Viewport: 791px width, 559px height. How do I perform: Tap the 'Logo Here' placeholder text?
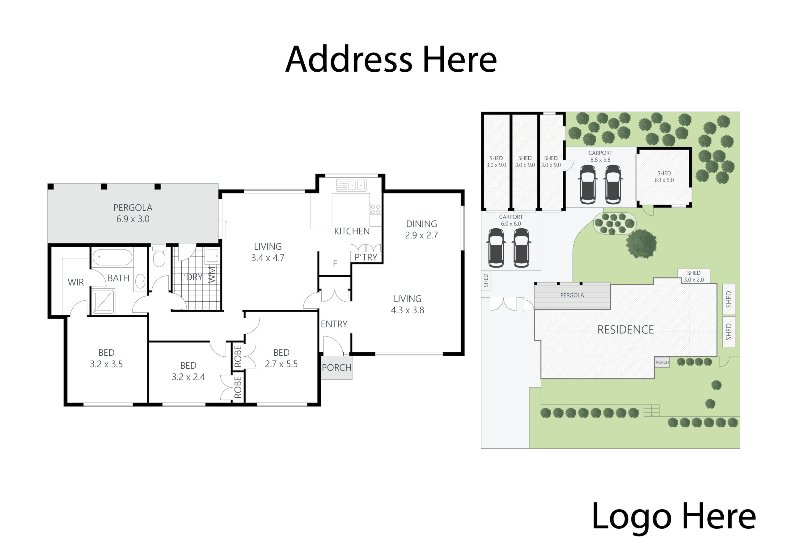[x=673, y=516]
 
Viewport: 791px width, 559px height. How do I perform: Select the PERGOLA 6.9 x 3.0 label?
[x=133, y=213]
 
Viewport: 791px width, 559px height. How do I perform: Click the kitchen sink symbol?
[x=351, y=185]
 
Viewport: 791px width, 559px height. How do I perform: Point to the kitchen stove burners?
[x=375, y=209]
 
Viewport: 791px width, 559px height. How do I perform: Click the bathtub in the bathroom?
[x=112, y=257]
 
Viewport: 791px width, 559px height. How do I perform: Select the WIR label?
[x=76, y=282]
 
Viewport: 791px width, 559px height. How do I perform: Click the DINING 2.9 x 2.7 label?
[x=421, y=229]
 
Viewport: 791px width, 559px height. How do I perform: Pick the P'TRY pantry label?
[x=366, y=257]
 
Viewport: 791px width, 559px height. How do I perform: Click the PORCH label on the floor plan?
[x=336, y=367]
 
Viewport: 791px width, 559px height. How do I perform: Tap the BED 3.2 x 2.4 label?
[x=188, y=371]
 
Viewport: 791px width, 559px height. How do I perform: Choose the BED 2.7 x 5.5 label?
[x=281, y=358]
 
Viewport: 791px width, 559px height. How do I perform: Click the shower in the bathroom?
[x=103, y=301]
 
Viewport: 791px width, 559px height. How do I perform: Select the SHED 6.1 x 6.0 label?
[x=664, y=176]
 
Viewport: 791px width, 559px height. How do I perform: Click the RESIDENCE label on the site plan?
[x=625, y=329]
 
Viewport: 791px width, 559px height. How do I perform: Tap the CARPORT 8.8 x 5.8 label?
[x=600, y=156]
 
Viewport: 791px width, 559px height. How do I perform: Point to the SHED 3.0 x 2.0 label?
[x=693, y=276]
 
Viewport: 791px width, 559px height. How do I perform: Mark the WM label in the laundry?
[x=212, y=275]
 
